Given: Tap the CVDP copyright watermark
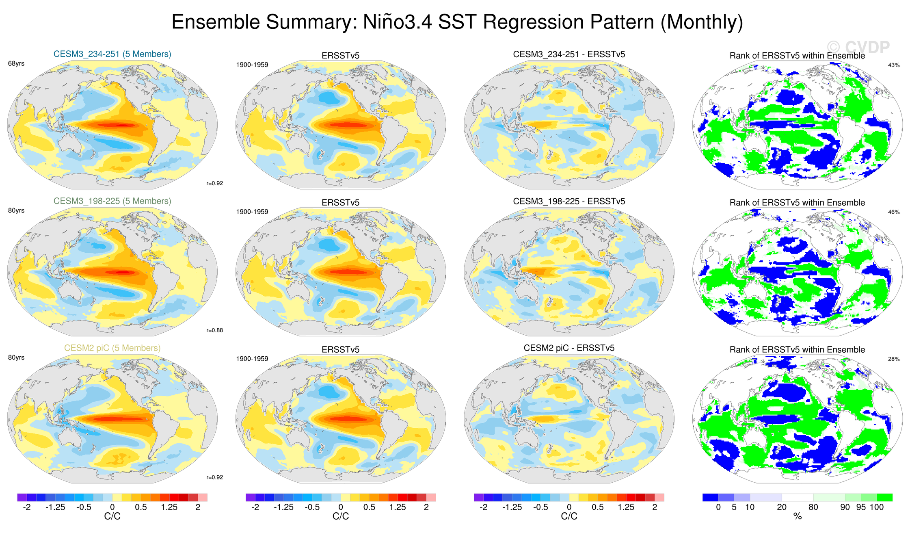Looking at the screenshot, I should pos(858,48).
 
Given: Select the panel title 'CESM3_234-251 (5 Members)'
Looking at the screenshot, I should pos(112,54).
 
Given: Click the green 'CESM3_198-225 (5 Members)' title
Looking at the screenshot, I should pos(112,201).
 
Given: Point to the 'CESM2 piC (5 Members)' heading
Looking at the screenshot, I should pos(112,348).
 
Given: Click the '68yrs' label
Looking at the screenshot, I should pos(16,64).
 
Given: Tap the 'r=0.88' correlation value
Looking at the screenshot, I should pos(214,330).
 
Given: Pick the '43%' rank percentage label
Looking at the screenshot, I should pos(894,65).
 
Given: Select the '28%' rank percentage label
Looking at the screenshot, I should pos(894,359).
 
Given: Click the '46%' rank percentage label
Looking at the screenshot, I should pos(894,212).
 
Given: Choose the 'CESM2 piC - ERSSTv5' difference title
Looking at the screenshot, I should pos(569,348).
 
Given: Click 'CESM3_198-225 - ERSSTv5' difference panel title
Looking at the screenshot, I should pos(569,201).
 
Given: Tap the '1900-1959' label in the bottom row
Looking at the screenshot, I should pos(252,359).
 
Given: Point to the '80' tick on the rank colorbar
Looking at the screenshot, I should pos(813,507).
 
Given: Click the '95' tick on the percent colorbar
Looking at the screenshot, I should pos(861,507).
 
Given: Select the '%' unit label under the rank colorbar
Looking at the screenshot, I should pos(798,516).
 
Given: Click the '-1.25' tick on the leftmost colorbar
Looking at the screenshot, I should pos(55,507).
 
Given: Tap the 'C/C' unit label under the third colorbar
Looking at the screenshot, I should pos(569,516).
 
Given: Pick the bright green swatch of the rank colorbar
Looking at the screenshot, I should pos(884,497).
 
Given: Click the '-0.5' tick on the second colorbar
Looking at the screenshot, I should pos(312,507).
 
